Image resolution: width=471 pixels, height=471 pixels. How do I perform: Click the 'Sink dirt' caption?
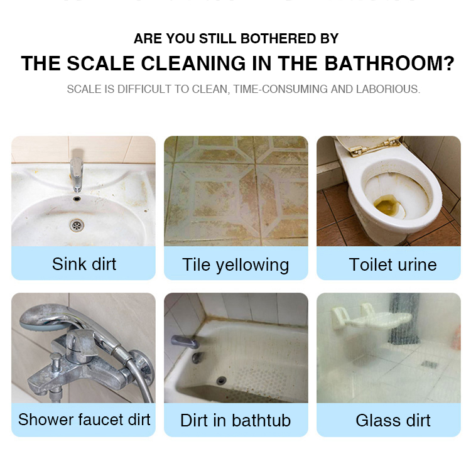[x=84, y=264]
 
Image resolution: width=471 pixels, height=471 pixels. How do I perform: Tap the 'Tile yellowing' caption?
[x=235, y=265]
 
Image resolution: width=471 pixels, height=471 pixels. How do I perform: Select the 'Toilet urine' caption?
[x=392, y=264]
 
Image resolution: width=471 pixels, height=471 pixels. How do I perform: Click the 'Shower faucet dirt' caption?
[x=84, y=420]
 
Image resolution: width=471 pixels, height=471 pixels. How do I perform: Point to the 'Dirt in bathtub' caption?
[x=235, y=420]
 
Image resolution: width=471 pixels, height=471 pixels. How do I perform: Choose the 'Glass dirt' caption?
[x=393, y=420]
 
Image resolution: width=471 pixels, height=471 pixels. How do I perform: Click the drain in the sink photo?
[x=77, y=224]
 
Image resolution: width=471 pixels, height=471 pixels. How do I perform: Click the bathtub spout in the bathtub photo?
[x=183, y=342]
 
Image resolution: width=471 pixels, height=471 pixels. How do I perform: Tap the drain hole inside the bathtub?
[x=220, y=380]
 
